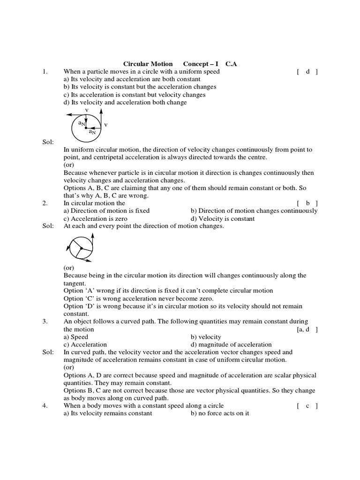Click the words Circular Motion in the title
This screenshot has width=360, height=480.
(148, 64)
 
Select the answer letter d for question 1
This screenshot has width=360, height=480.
(307, 72)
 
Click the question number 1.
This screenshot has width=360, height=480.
(45, 72)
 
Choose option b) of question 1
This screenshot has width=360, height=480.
(140, 87)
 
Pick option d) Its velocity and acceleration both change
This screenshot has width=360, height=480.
(125, 102)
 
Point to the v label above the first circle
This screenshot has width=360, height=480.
(87, 110)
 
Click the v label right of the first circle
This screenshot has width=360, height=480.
(105, 125)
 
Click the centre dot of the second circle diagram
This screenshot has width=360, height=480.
(81, 248)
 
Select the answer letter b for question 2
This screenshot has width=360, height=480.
(307, 203)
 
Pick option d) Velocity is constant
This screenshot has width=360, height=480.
(223, 218)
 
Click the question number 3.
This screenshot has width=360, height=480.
(45, 322)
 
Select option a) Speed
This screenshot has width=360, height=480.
(75, 337)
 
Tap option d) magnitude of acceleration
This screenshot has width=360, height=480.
(231, 345)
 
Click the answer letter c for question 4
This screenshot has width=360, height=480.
(307, 406)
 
